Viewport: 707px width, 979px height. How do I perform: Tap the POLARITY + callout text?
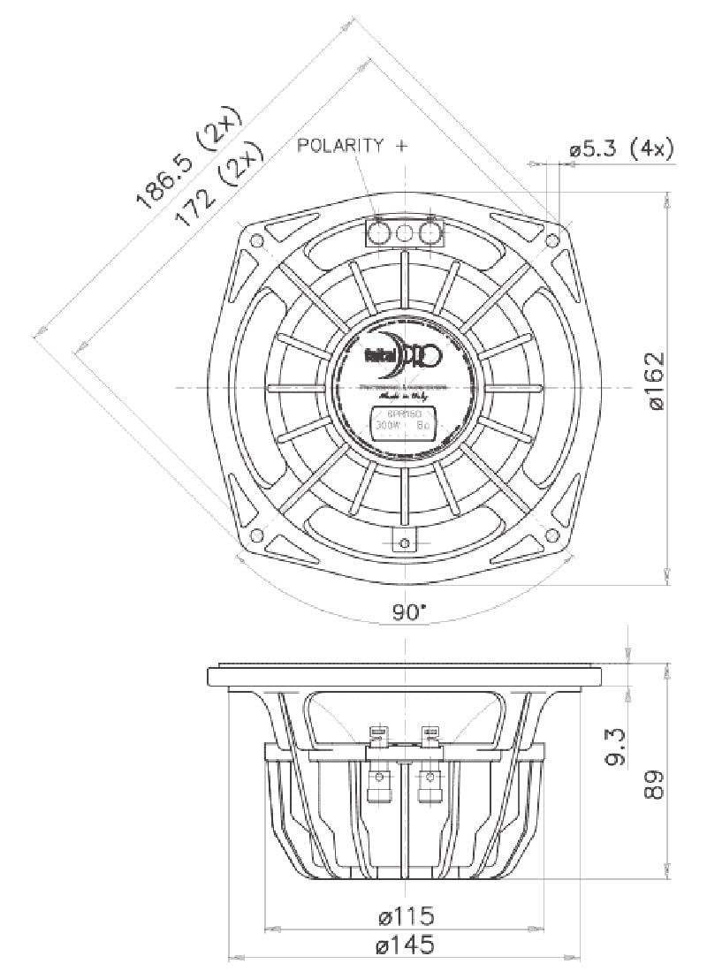point(353,146)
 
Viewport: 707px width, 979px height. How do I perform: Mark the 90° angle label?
point(409,612)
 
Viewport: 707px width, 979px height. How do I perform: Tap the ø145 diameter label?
point(404,945)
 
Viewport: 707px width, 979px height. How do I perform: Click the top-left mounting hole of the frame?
point(257,240)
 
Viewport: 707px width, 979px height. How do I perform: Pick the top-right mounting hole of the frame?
point(553,240)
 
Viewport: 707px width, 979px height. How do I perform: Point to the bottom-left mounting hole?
point(257,535)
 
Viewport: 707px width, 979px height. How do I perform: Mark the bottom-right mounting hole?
point(553,535)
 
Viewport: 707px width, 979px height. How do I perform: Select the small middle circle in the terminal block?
point(405,234)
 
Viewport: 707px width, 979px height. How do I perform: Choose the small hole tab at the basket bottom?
point(405,541)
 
